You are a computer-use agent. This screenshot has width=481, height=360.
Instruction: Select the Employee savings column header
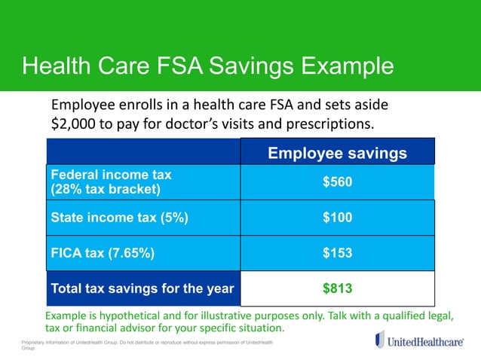337,154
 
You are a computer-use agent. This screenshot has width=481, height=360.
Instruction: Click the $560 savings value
337,182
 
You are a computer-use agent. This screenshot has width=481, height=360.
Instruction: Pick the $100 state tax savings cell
337,218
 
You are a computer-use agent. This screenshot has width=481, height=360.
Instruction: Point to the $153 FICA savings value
337,254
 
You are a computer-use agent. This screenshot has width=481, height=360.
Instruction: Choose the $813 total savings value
337,288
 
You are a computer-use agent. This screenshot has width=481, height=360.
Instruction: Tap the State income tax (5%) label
118,218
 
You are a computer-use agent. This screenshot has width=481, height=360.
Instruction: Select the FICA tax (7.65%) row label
103,254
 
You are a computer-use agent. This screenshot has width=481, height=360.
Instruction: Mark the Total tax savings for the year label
142,288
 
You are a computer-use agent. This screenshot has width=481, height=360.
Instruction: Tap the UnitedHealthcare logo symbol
379,340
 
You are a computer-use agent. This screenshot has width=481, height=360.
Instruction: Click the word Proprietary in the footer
33,343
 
